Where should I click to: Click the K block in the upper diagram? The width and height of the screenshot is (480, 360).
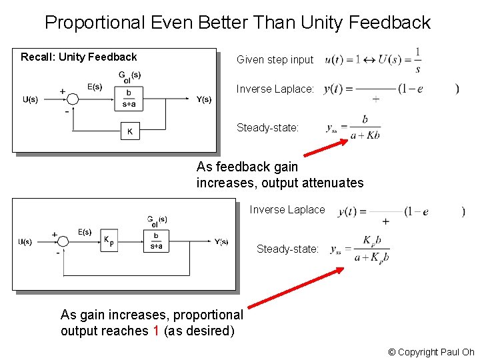click(130, 131)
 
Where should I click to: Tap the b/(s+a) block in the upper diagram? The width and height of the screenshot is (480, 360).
click(129, 99)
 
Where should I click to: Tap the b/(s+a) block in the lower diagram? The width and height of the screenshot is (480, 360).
click(156, 241)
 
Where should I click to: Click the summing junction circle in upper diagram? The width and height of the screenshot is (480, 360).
click(73, 99)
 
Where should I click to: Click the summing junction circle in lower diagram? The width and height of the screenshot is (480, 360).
click(64, 241)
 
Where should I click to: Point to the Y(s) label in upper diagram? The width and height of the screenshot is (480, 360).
click(203, 99)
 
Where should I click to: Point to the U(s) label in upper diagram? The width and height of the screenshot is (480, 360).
click(30, 99)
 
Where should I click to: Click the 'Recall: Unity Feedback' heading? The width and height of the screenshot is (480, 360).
click(79, 57)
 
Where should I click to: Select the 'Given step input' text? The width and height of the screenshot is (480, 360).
click(275, 60)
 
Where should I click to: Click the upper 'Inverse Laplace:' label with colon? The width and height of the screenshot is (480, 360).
click(275, 89)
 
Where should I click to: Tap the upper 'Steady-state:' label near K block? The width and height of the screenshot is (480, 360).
click(267, 127)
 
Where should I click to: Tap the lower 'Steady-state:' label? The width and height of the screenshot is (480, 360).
click(287, 249)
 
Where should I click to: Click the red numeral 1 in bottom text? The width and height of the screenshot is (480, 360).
click(155, 331)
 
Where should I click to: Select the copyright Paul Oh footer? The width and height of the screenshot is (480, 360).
click(431, 352)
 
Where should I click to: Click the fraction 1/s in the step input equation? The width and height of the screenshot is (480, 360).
click(417, 59)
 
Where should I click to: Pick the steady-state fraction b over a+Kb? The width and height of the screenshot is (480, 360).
click(365, 127)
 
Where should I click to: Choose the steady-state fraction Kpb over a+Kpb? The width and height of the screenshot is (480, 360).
click(371, 249)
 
